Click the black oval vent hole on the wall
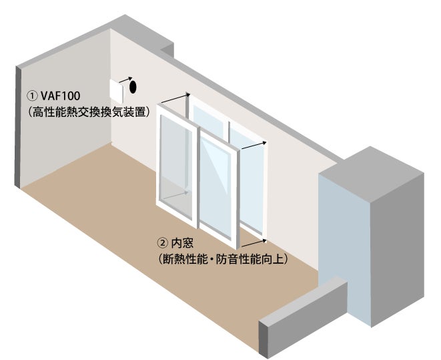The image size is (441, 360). pyautogui.click(x=132, y=87)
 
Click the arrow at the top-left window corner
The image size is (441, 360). pyautogui.click(x=175, y=99)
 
